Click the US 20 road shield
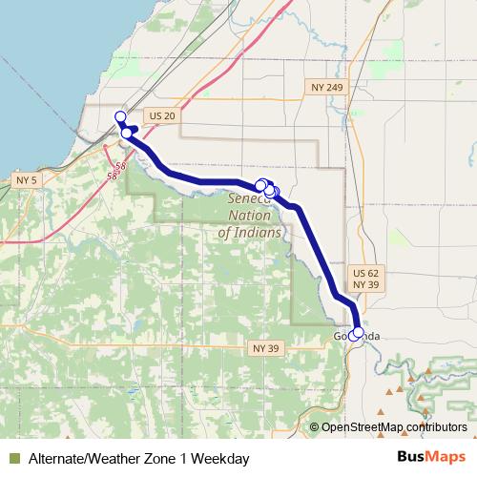point(163,115)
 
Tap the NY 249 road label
point(326,87)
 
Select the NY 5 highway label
point(27,179)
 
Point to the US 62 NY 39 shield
point(365,279)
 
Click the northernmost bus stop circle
point(120,116)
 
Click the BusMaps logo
point(431,457)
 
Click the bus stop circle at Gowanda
point(357,334)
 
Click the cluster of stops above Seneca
point(266,188)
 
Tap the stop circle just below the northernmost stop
point(126,134)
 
